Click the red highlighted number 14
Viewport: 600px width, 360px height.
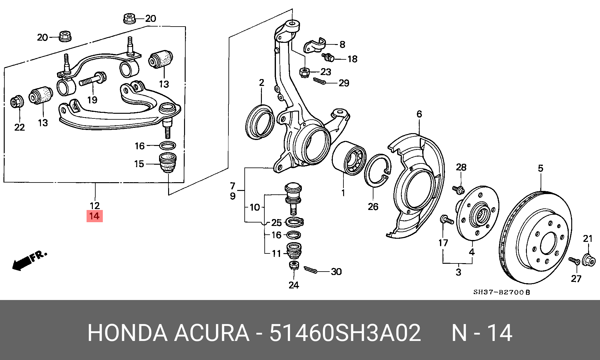pyautogui.click(x=94, y=216)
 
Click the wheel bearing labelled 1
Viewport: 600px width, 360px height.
pyautogui.click(x=349, y=158)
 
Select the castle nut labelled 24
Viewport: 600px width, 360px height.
pyautogui.click(x=294, y=266)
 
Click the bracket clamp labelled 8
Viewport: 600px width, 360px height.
pyautogui.click(x=314, y=46)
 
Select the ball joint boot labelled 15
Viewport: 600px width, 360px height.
pyautogui.click(x=168, y=162)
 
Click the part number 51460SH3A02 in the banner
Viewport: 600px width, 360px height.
pyautogui.click(x=345, y=333)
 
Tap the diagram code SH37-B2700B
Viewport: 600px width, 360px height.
pyautogui.click(x=502, y=292)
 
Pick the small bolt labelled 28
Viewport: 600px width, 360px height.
pyautogui.click(x=458, y=190)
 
